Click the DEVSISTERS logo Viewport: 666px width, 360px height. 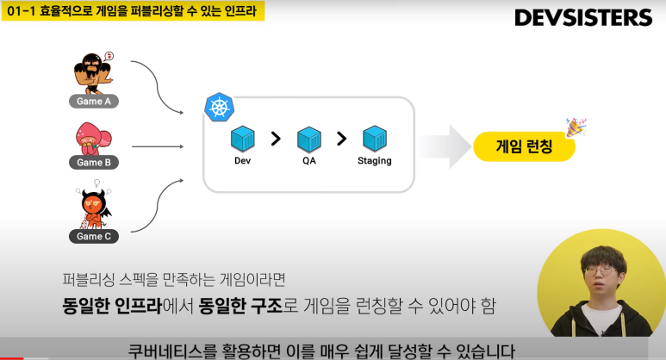[x=582, y=17]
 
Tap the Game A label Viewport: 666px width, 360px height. [x=94, y=101]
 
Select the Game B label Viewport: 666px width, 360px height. [x=94, y=162]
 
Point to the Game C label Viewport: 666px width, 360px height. [x=94, y=236]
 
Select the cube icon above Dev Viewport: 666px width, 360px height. [x=243, y=138]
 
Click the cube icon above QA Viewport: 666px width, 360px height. [x=308, y=138]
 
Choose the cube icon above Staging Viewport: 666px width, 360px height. [x=374, y=138]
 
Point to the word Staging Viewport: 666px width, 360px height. [x=374, y=161]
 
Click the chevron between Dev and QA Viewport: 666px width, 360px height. [x=276, y=138]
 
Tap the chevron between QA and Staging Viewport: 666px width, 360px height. [x=341, y=138]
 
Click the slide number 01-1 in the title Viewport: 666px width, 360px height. [x=19, y=13]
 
